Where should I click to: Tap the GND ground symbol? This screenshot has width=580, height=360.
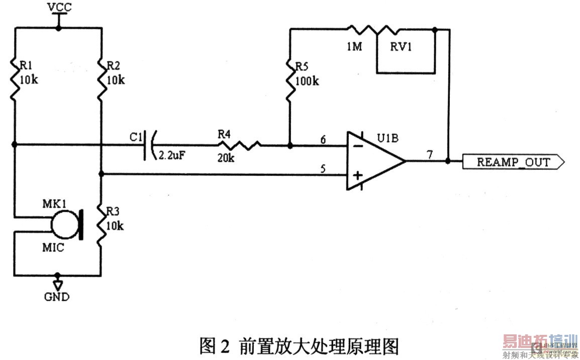click(x=58, y=285)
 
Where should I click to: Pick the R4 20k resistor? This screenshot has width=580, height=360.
click(x=240, y=145)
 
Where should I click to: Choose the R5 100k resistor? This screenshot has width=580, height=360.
click(x=290, y=80)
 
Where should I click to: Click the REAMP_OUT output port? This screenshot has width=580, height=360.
click(x=513, y=162)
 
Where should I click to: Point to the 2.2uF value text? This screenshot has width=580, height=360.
click(x=172, y=156)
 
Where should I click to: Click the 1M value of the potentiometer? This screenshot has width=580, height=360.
click(x=355, y=47)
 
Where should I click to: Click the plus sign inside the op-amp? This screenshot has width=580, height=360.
click(x=357, y=175)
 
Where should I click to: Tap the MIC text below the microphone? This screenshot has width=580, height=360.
click(x=53, y=248)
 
